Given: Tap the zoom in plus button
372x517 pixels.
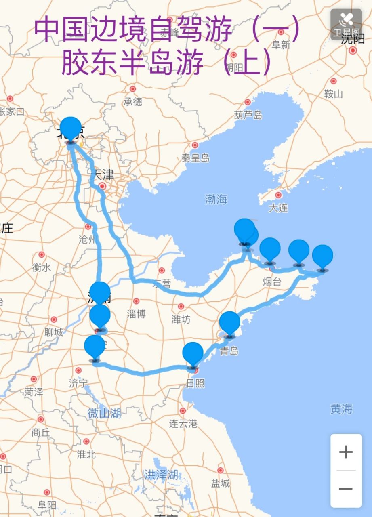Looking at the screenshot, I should point(346,452).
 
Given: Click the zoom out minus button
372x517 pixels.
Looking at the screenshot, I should point(346,489).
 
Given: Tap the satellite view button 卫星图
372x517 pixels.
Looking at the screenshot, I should point(346,24).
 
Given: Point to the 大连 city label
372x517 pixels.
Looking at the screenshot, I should point(278,208).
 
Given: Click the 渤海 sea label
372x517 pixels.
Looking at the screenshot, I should point(216,199).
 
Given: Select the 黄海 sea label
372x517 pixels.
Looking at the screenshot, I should point(341,409).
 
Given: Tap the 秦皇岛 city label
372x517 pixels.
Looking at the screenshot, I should point(195,158).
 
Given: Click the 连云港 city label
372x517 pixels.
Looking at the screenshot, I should point(183,423).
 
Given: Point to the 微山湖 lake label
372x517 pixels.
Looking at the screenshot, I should point(104,413).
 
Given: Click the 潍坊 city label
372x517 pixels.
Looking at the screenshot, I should point(181,319).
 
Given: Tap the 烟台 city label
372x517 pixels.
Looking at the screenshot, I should point(272,282).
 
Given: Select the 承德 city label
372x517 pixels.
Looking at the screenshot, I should point(133,101).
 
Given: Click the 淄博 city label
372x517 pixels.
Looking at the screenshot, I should point(136,314).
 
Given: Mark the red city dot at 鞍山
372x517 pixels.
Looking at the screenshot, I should point(333,81).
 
